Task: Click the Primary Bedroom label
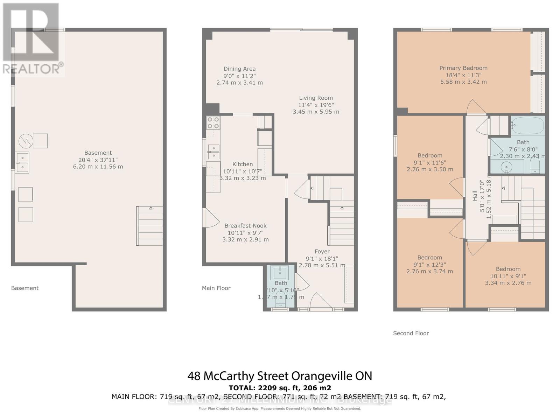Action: pyautogui.click(x=463, y=68)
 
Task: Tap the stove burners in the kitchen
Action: pyautogui.click(x=213, y=123)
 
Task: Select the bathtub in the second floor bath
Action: pyautogui.click(x=528, y=125)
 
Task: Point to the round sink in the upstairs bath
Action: pyautogui.click(x=506, y=168)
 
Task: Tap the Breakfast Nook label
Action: pyautogui.click(x=245, y=226)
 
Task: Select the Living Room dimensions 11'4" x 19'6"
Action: pyautogui.click(x=316, y=105)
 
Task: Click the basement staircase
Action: pyautogui.click(x=149, y=226)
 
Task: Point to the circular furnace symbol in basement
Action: pyautogui.click(x=26, y=141)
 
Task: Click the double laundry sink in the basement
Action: pyautogui.click(x=22, y=162)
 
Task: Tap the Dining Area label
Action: pyautogui.click(x=239, y=69)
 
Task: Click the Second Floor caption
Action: pyautogui.click(x=411, y=333)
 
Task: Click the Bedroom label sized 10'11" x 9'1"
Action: pyautogui.click(x=508, y=269)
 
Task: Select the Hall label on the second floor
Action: pyautogui.click(x=475, y=196)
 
